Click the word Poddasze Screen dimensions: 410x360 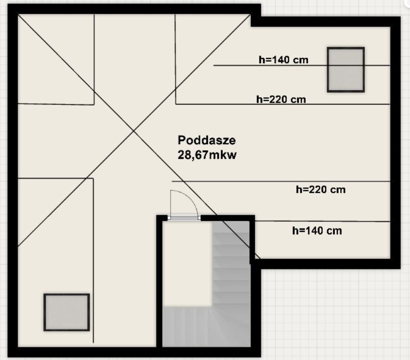(207, 140)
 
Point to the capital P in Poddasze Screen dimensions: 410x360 (181, 140)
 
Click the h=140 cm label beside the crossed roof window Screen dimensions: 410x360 (283, 60)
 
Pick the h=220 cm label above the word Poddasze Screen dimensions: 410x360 (281, 99)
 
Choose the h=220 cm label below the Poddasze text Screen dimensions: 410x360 (321, 189)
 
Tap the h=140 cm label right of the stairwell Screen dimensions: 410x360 (317, 231)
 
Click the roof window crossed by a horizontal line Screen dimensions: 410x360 (346, 70)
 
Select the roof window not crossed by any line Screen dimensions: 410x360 (67, 312)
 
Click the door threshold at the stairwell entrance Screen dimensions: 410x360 (184, 218)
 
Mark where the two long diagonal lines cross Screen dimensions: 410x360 (134, 131)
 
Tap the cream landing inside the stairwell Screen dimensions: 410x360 (187, 264)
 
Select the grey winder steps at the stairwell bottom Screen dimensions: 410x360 (207, 326)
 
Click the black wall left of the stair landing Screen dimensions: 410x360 (159, 282)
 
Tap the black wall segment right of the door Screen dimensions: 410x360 (228, 218)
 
